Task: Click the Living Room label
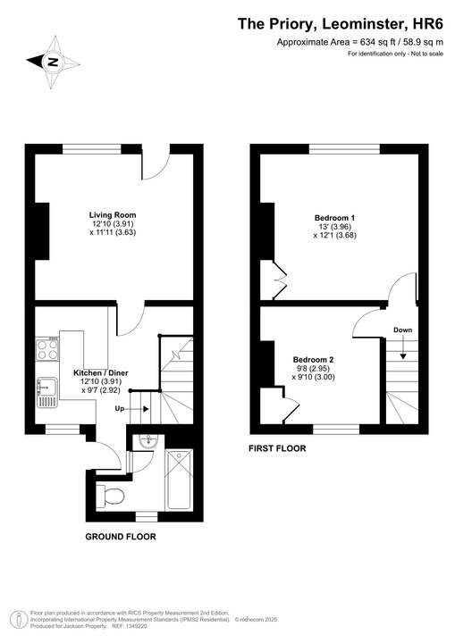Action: [112, 214]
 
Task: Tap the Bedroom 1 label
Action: [335, 218]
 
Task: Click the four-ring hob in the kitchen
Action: [47, 348]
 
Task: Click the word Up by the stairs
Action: [119, 408]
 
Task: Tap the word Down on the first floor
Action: [402, 330]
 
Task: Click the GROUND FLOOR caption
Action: [121, 537]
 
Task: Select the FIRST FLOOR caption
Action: [277, 448]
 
